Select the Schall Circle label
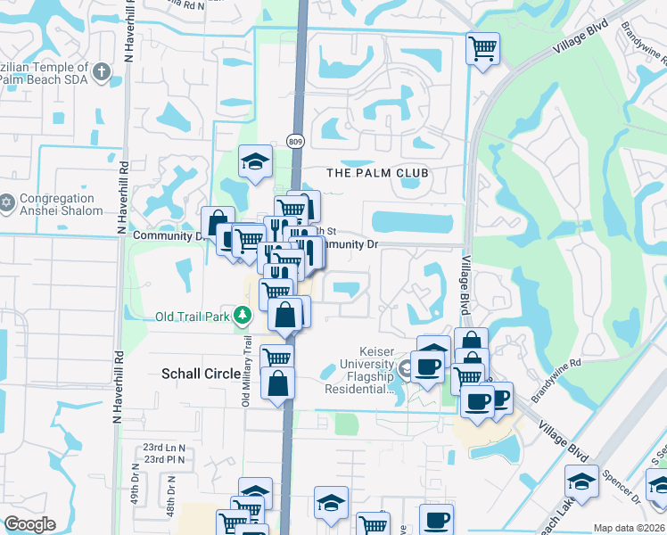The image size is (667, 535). [201, 374]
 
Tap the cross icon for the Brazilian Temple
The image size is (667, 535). [103, 71]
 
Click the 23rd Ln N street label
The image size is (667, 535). [164, 448]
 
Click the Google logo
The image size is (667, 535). [29, 524]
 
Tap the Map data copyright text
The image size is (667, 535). [629, 527]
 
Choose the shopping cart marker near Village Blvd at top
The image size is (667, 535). [482, 48]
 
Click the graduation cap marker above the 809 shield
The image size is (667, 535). [255, 161]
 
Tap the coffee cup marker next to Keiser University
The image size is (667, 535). [427, 366]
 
